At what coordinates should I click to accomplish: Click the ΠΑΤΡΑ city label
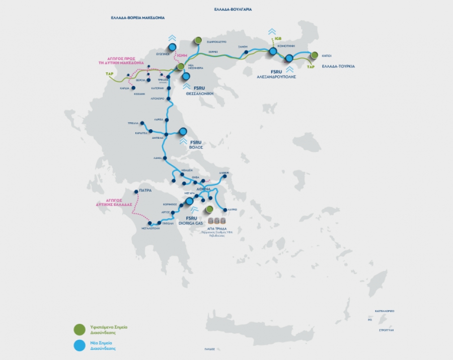pos(145,191)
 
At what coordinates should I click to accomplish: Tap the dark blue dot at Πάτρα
pos(136,191)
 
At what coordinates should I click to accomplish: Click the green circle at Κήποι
pos(315,55)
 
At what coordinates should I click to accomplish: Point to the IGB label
pos(277,38)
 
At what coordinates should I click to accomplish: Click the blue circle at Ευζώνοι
pos(172,47)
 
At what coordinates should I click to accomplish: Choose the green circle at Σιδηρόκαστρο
pos(198,40)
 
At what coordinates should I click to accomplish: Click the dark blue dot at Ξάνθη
pos(246,52)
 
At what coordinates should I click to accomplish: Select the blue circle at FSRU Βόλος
pos(183,131)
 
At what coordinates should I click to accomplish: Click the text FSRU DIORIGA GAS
pos(194,220)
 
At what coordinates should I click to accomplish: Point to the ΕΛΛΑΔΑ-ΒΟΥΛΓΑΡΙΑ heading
pos(233,9)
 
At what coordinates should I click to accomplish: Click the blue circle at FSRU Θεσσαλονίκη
pos(186,76)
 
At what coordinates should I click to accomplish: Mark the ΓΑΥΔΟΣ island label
pos(209,349)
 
